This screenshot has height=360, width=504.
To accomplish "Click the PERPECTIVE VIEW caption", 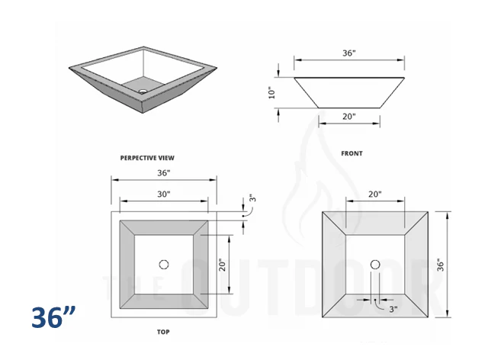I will pyautogui.click(x=147, y=158).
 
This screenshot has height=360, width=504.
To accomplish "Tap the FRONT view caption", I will pyautogui.click(x=352, y=153).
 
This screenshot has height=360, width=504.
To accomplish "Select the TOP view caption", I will pyautogui.click(x=164, y=333).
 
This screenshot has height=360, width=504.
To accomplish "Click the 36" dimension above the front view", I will pyautogui.click(x=348, y=53).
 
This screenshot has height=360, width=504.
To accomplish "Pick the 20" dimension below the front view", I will pyautogui.click(x=348, y=117).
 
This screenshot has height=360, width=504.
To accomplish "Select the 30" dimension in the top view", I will pyautogui.click(x=164, y=194).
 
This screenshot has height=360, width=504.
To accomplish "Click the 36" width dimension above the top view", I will pyautogui.click(x=164, y=173).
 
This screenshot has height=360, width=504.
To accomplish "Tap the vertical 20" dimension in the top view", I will pyautogui.click(x=221, y=265).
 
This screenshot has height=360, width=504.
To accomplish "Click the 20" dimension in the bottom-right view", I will pyautogui.click(x=374, y=194).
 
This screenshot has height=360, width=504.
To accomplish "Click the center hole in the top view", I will pyautogui.click(x=164, y=264).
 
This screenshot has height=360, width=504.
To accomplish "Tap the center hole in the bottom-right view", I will pyautogui.click(x=374, y=264).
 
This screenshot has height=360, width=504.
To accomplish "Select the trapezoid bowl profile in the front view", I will pyautogui.click(x=348, y=92).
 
